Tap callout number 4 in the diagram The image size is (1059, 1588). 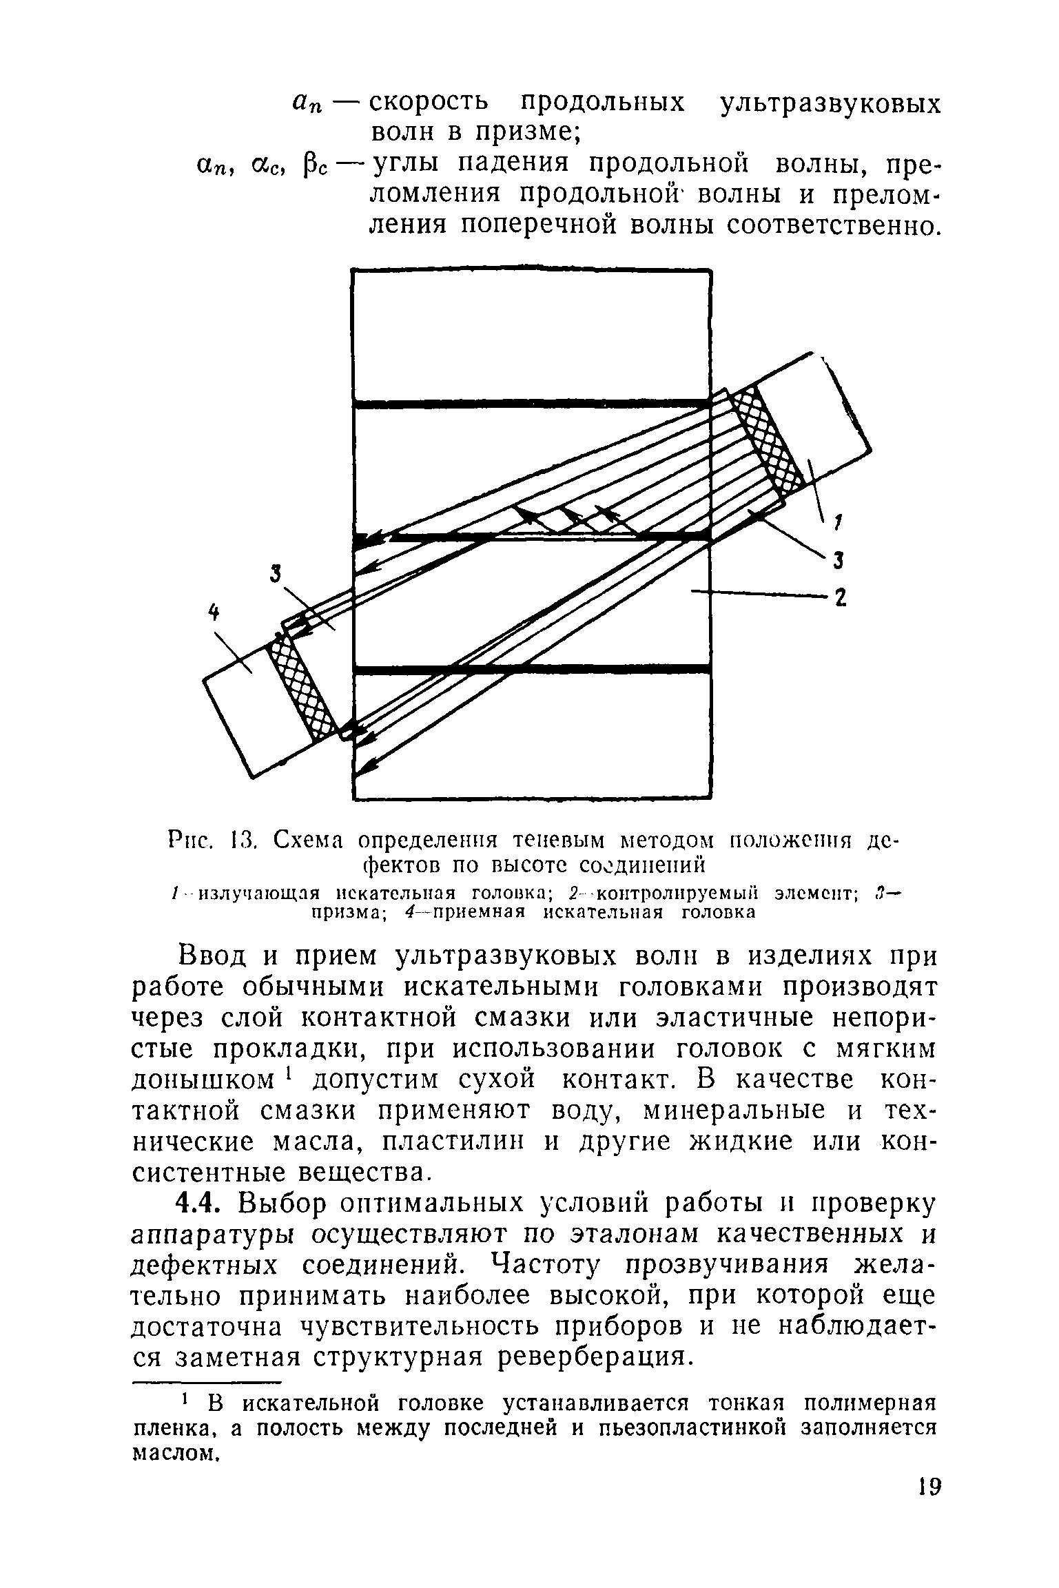coord(215,611)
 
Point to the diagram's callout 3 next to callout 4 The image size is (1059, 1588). coord(276,573)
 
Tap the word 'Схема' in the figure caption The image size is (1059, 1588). coord(314,841)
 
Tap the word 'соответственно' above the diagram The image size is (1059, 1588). coord(819,225)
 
